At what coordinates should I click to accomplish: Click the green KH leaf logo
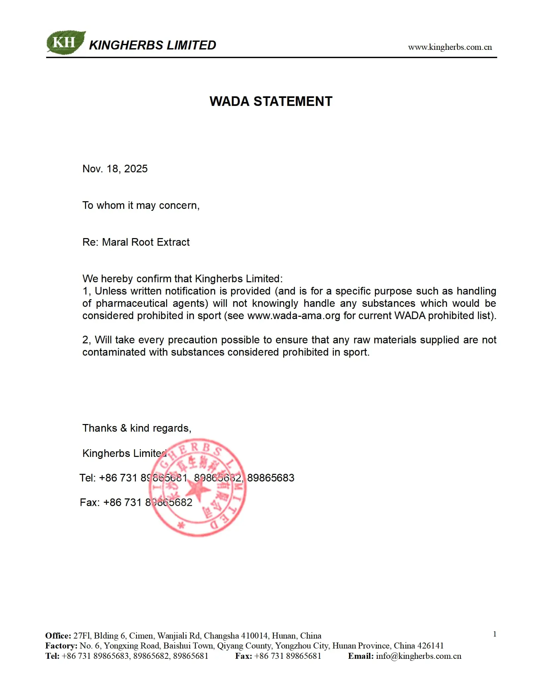click(65, 43)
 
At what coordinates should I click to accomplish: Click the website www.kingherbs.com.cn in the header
click(450, 47)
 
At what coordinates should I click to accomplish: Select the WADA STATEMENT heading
click(271, 102)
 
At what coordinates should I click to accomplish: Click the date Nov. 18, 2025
click(115, 169)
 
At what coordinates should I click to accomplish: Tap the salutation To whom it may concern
click(141, 206)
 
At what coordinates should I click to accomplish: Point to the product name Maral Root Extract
click(146, 242)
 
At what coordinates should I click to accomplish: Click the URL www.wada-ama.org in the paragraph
click(294, 316)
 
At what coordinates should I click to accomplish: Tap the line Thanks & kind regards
click(137, 428)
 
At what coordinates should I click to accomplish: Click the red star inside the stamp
click(198, 489)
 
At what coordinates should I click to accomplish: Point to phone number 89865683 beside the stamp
click(271, 478)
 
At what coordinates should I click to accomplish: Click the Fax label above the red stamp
click(89, 502)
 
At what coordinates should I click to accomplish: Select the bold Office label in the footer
click(58, 636)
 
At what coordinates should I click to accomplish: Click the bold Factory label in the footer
click(61, 646)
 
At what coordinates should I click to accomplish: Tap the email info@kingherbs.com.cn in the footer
click(418, 656)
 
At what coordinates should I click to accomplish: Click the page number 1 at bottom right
click(495, 634)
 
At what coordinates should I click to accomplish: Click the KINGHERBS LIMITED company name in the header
click(152, 45)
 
